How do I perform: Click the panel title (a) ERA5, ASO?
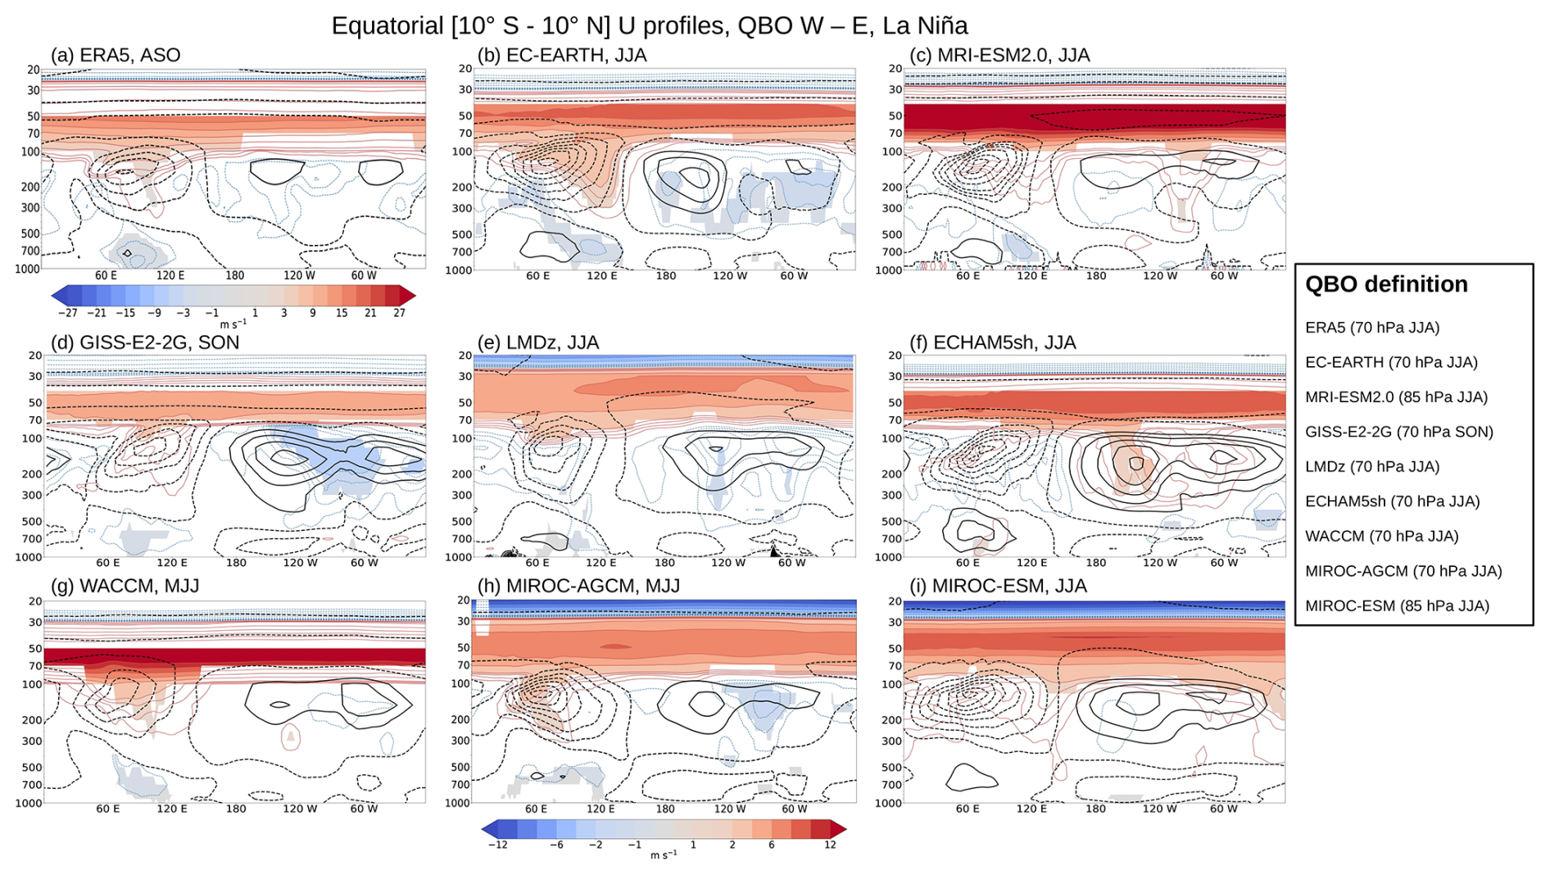(x=116, y=55)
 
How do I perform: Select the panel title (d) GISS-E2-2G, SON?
(x=145, y=342)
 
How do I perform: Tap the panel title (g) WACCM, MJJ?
(x=125, y=586)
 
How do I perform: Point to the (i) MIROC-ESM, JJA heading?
(x=998, y=586)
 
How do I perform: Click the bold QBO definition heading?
(x=1385, y=284)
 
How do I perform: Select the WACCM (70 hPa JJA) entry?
(x=1381, y=536)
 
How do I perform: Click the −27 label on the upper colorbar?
(x=67, y=313)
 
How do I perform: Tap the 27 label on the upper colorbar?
(x=399, y=313)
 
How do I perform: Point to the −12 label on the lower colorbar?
(x=497, y=845)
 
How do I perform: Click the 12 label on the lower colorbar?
(x=830, y=845)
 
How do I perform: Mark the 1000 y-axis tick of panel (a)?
(x=28, y=269)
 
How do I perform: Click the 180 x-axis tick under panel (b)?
(x=666, y=276)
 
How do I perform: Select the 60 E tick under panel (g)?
(x=108, y=809)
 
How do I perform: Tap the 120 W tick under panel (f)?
(x=1159, y=563)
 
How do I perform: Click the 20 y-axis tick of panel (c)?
(x=895, y=69)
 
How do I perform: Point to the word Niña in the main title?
(x=941, y=25)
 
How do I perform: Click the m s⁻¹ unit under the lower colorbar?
(x=664, y=855)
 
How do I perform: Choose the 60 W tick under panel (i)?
(x=1223, y=809)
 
